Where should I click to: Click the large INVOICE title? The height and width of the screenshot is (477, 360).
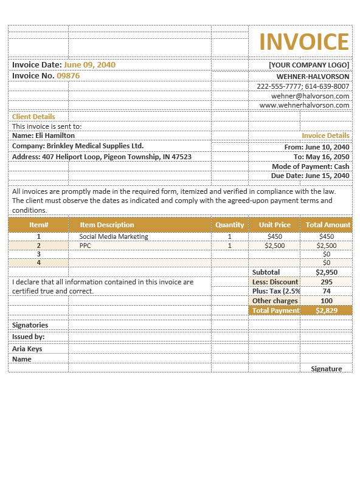pyautogui.click(x=304, y=42)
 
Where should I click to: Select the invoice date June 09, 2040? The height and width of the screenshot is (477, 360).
pyautogui.click(x=89, y=64)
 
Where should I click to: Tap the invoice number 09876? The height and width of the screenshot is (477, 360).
pyautogui.click(x=68, y=76)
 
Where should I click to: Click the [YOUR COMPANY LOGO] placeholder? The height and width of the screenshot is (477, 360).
pyautogui.click(x=309, y=65)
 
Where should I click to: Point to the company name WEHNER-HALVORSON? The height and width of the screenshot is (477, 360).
pyautogui.click(x=313, y=77)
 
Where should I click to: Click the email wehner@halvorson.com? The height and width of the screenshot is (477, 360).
pyautogui.click(x=310, y=96)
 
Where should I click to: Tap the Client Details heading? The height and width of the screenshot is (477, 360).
pyautogui.click(x=33, y=117)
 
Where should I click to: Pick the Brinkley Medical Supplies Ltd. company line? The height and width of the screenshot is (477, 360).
pyautogui.click(x=78, y=146)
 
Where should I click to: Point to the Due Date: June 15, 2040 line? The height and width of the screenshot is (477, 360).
pyautogui.click(x=310, y=176)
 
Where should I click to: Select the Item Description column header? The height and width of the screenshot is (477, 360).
pyautogui.click(x=107, y=225)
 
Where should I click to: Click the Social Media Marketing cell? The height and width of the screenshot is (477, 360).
pyautogui.click(x=114, y=236)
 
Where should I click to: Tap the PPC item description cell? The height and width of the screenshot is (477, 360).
pyautogui.click(x=85, y=245)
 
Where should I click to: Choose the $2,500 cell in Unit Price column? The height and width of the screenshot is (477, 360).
pyautogui.click(x=275, y=245)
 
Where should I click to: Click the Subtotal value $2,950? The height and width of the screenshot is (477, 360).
pyautogui.click(x=327, y=272)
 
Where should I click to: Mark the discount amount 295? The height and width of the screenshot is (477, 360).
pyautogui.click(x=327, y=282)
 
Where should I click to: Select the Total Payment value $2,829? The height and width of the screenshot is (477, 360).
pyautogui.click(x=327, y=311)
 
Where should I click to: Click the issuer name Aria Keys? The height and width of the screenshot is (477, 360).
pyautogui.click(x=27, y=349)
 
